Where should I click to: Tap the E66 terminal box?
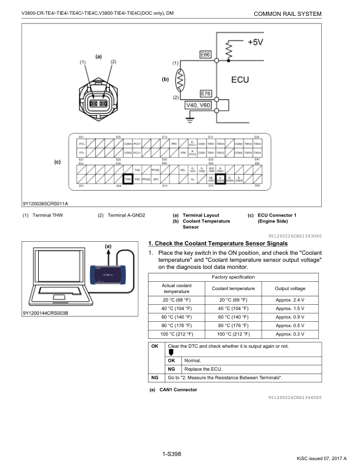click(205, 55)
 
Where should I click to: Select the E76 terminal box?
click(205, 94)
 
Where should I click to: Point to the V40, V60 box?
click(198, 105)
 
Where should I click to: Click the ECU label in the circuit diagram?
click(243, 79)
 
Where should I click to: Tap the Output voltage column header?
click(290, 288)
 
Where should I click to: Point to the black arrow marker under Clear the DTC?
click(171, 353)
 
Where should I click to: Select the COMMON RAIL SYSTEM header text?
click(288, 13)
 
